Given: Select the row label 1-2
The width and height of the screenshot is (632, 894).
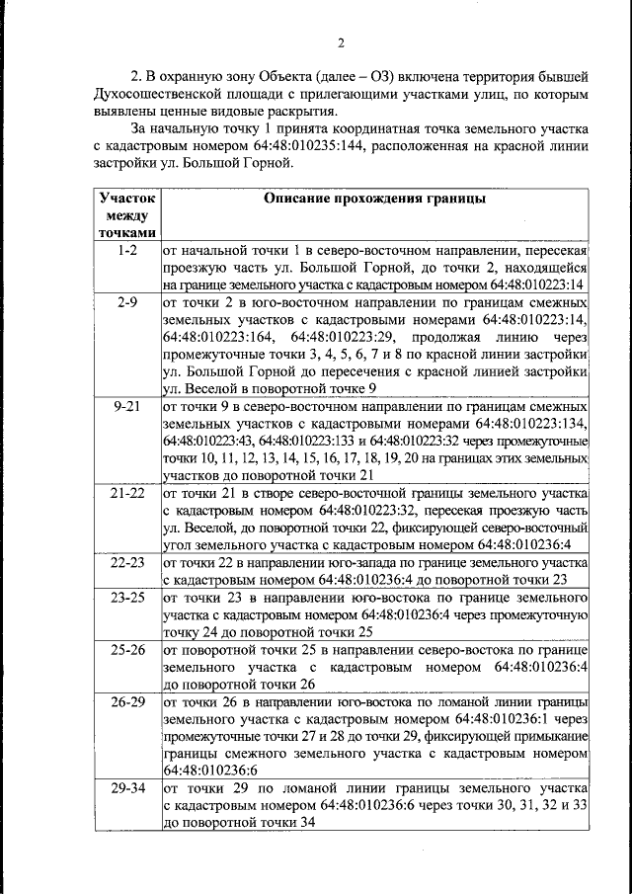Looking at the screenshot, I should pyautogui.click(x=126, y=252).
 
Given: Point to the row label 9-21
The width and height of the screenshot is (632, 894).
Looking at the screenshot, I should pyautogui.click(x=126, y=406).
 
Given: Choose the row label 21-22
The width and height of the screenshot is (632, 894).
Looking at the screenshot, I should pyautogui.click(x=126, y=492).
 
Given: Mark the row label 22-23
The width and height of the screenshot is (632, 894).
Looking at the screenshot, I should pyautogui.click(x=126, y=562).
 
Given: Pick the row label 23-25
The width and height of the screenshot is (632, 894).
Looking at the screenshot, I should pyautogui.click(x=126, y=598).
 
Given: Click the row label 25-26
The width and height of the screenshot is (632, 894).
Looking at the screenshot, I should pyautogui.click(x=126, y=650).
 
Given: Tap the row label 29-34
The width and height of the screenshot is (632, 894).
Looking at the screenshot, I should pyautogui.click(x=126, y=789).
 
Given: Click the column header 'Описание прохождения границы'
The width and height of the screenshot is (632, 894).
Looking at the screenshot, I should pyautogui.click(x=374, y=199).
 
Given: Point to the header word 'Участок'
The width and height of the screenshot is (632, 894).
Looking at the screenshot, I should pyautogui.click(x=126, y=198).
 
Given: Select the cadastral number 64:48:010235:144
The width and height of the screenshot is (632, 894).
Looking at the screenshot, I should pyautogui.click(x=303, y=146).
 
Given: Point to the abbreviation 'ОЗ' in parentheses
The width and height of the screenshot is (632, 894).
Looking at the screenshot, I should pyautogui.click(x=395, y=77).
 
